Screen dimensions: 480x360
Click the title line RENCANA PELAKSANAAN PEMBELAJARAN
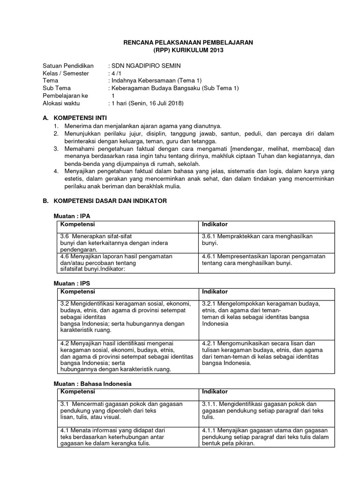pos(188,42)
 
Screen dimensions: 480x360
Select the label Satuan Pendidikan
pos(68,65)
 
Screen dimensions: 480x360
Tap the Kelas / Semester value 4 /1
pos(115,73)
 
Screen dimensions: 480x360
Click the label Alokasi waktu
pos(64,103)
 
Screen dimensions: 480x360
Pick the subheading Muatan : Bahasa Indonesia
pos(92,383)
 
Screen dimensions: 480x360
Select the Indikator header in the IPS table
pos(215,292)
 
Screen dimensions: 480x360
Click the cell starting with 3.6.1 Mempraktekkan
pos(257,240)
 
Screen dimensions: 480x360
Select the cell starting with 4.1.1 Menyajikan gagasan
pos(265,437)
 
